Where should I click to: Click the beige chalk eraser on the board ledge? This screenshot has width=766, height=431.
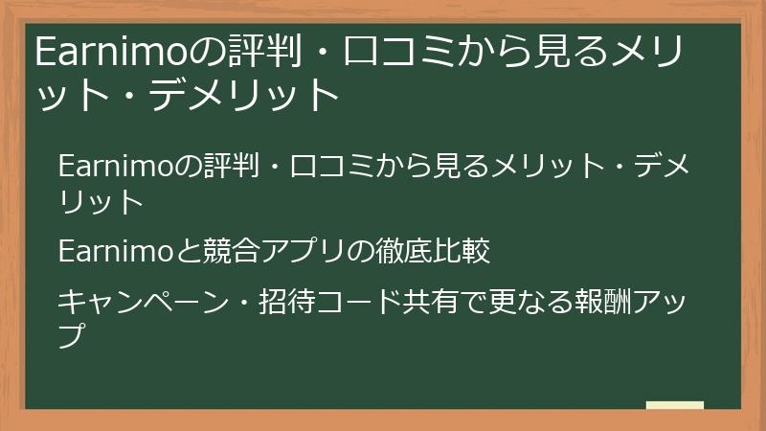[x=675, y=405]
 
